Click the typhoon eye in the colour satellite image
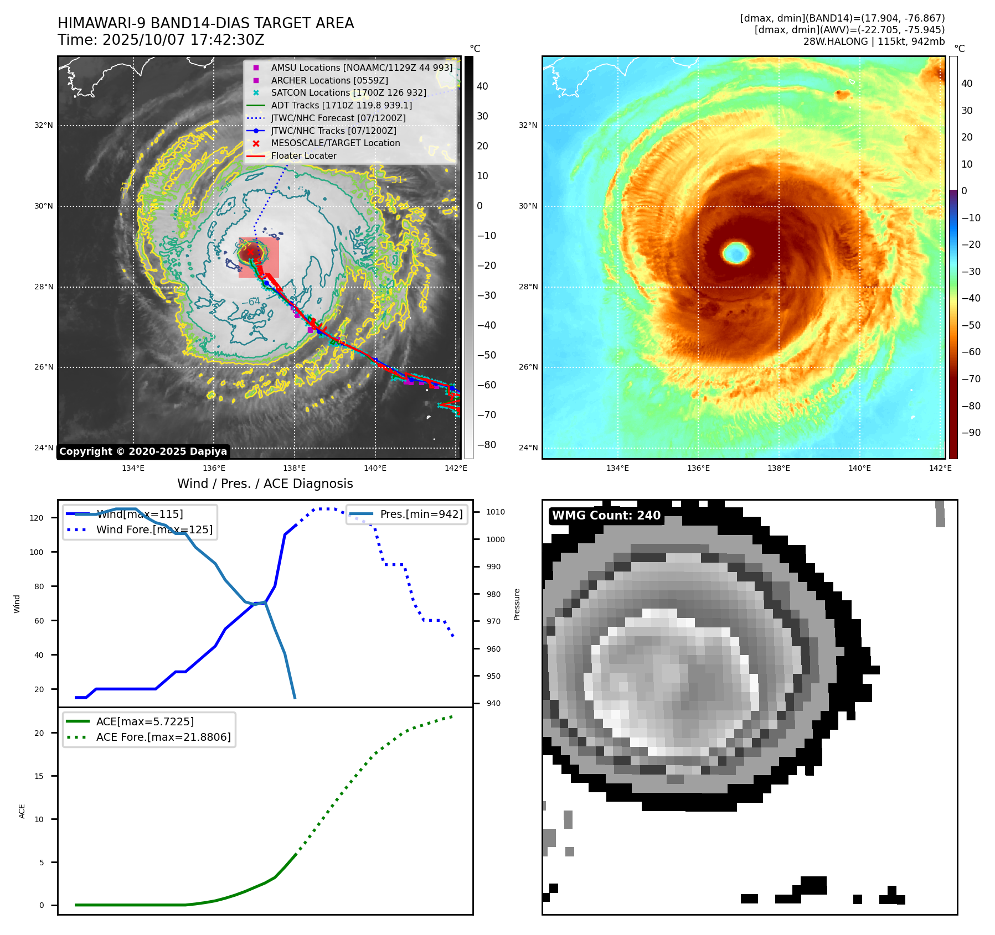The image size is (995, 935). coord(736,253)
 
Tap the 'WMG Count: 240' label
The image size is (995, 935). coord(606,516)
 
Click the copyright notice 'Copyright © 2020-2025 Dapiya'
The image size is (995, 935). coord(143,451)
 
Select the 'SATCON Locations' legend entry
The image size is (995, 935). coord(348,93)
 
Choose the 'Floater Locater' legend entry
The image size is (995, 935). coord(303,156)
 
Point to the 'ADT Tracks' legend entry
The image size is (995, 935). coord(341,105)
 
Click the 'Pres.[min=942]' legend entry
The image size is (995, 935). coord(421,515)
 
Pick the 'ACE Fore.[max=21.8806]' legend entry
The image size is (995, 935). coord(163,737)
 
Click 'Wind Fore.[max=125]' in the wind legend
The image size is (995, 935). coord(154,530)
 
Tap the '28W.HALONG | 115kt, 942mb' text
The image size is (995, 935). coord(874,41)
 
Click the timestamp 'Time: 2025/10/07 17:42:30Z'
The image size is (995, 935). coord(161,40)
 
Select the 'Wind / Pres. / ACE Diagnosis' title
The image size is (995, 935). coord(265,484)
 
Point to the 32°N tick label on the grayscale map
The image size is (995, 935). coord(44,126)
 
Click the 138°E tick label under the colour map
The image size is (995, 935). coord(779,469)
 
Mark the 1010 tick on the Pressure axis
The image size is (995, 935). coord(495,512)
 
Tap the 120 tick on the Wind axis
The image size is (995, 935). coord(37,518)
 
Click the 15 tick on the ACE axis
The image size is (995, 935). coord(39,776)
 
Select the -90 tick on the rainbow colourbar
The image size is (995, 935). coord(971,433)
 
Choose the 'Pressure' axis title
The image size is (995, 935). coord(517,604)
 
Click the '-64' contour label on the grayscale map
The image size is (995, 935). coord(251,302)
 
